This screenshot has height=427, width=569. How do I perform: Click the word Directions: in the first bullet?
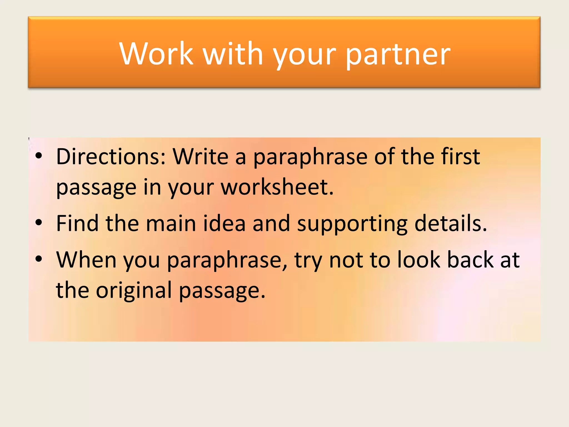click(111, 157)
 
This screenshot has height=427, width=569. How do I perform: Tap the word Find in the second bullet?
click(77, 223)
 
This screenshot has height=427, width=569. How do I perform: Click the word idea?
click(224, 223)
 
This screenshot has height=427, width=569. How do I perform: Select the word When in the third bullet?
click(86, 260)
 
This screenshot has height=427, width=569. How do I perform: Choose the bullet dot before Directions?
click(39, 156)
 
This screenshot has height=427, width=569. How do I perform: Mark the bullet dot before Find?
click(39, 222)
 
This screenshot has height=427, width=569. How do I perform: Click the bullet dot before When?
click(39, 259)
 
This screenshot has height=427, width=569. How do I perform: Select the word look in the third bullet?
click(419, 260)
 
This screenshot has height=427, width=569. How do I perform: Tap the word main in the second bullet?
click(171, 223)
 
